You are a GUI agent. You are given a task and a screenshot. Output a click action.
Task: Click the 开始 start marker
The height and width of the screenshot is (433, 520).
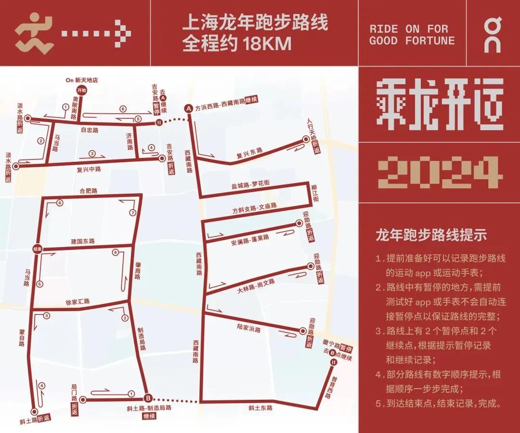[x=81, y=90]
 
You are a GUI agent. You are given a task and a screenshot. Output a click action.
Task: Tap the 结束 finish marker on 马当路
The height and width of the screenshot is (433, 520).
[x=37, y=249]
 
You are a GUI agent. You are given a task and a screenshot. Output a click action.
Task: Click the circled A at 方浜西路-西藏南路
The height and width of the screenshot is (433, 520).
[x=189, y=109]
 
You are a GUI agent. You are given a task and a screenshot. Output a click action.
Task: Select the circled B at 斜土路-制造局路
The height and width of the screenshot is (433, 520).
[x=148, y=398]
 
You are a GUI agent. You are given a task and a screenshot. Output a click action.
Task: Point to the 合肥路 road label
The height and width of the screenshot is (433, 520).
[x=89, y=191]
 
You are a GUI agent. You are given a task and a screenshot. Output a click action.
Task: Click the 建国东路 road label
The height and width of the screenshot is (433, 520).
[x=83, y=241]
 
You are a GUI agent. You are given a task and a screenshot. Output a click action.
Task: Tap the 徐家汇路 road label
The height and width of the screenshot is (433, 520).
[x=77, y=302]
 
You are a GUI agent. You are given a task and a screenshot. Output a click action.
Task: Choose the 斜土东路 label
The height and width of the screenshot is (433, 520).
[x=260, y=408]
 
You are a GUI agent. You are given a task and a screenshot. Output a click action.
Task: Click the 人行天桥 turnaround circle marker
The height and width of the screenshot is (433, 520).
[x=305, y=139]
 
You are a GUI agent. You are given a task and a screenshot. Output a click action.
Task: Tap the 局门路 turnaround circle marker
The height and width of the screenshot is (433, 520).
[x=82, y=399]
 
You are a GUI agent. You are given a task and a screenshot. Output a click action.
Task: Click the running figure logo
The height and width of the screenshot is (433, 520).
[x=34, y=33]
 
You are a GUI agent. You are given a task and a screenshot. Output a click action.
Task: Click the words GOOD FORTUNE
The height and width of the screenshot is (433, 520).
[x=412, y=40]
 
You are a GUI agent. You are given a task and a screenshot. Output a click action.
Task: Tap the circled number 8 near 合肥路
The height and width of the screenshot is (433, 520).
[x=60, y=203]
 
